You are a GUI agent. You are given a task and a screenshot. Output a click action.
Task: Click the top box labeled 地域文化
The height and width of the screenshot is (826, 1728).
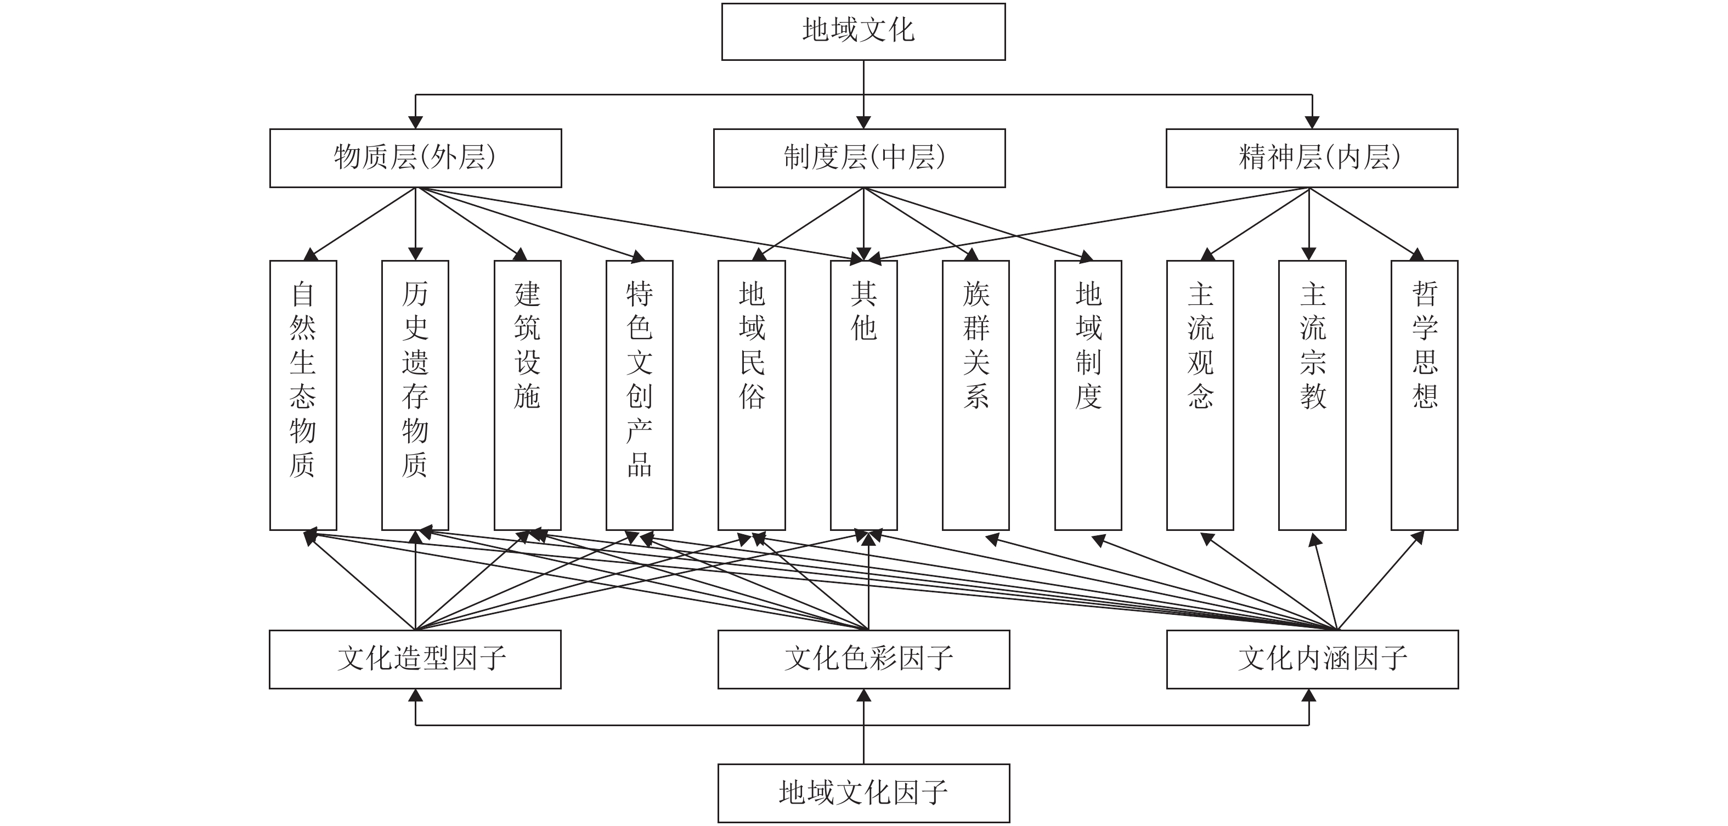[x=863, y=31]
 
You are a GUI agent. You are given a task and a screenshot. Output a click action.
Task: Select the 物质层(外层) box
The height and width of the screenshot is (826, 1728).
[x=415, y=158]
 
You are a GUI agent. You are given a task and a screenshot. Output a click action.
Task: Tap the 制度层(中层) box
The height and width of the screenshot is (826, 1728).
[x=859, y=158]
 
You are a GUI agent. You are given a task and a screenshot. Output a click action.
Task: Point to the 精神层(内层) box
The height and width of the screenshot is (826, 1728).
[x=1312, y=158]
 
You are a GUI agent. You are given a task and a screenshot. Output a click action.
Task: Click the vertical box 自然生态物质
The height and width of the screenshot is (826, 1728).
[x=303, y=395]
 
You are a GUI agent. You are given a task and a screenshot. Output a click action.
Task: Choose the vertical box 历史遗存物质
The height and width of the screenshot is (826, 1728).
[x=415, y=395]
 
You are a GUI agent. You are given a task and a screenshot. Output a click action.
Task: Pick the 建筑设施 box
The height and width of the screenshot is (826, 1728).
[x=527, y=395]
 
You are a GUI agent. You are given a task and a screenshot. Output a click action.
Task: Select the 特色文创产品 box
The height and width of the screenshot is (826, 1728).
[x=639, y=395]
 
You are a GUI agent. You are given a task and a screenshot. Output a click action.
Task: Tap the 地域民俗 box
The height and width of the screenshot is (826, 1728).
[x=752, y=395]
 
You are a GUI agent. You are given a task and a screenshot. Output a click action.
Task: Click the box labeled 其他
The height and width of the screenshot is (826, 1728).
[x=863, y=395]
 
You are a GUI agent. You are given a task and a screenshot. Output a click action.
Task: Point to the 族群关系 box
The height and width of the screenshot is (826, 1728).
[x=975, y=395]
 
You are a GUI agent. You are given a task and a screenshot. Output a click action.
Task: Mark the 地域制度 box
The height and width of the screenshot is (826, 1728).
[x=1088, y=395]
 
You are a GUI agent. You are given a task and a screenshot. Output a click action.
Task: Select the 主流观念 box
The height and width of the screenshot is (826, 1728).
[x=1200, y=395]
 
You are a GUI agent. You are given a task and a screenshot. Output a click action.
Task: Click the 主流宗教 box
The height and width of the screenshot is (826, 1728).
[x=1312, y=395]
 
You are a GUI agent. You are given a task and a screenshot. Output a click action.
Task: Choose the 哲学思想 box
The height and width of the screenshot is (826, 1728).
[x=1424, y=395]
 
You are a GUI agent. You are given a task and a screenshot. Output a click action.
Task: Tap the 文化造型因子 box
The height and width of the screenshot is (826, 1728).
[x=415, y=659]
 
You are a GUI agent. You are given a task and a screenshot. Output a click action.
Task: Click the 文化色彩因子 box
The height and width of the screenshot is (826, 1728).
[x=863, y=659]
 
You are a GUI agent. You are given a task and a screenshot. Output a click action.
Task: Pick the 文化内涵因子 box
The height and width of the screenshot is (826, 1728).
[x=1312, y=659]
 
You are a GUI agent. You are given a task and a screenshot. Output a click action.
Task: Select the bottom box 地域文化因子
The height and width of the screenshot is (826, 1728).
[x=863, y=793]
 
